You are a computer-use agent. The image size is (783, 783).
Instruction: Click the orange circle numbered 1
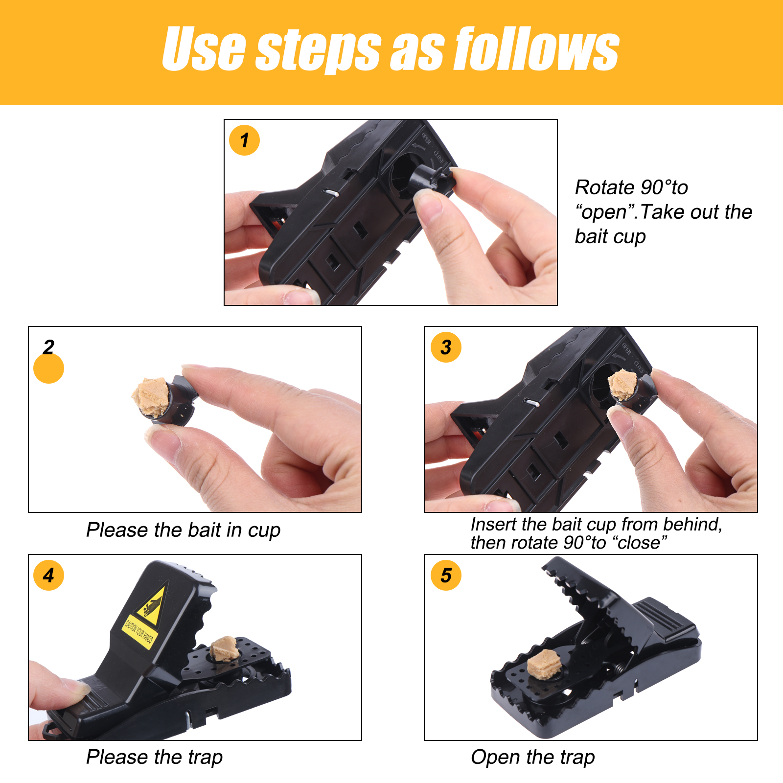(244, 140)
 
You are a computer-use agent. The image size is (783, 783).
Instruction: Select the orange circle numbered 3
(446, 347)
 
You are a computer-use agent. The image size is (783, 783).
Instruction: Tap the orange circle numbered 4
(48, 575)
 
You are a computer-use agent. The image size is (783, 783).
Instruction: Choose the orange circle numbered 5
(446, 575)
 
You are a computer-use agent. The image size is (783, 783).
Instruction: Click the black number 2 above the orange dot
(48, 347)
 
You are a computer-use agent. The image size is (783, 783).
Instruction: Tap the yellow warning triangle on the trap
(152, 603)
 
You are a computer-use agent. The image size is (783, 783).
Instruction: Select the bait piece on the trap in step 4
(225, 648)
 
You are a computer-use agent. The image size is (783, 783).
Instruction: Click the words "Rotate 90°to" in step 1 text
(631, 187)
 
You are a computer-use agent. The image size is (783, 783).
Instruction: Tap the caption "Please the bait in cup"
(183, 530)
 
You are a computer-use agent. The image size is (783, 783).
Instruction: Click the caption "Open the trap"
(532, 758)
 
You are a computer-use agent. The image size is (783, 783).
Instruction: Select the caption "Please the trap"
(154, 758)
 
